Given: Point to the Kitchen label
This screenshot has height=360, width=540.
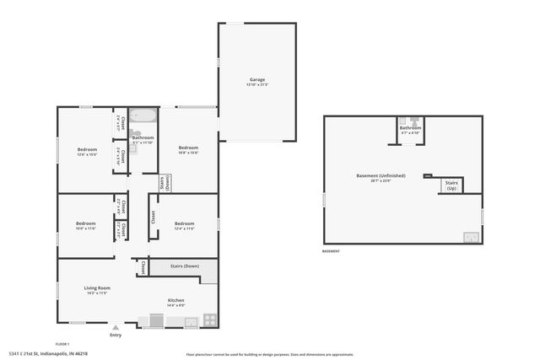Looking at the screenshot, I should [x=175, y=300].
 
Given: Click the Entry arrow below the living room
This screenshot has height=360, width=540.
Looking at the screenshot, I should [x=116, y=328].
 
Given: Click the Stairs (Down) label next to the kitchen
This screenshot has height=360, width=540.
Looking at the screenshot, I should [x=184, y=266].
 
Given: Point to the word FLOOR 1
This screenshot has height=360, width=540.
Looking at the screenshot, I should [x=62, y=344].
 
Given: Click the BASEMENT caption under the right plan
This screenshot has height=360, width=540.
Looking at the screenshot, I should [x=331, y=251].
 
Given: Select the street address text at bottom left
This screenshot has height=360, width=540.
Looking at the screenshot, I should [x=41, y=353].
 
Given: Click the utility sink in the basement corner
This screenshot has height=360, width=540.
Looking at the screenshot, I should [x=470, y=237].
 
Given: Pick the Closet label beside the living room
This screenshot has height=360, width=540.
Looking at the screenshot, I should [x=143, y=267].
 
